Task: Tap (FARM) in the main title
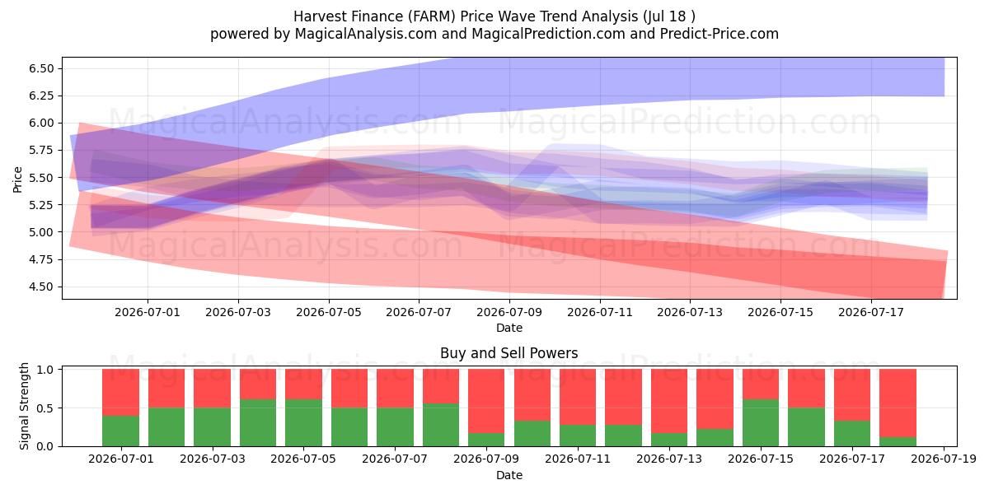(x=431, y=16)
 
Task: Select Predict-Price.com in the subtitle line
(x=719, y=34)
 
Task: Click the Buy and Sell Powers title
(x=509, y=353)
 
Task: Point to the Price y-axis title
(x=17, y=179)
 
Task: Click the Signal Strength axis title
(x=24, y=406)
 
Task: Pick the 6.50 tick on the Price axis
(x=41, y=68)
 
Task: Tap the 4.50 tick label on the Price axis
(x=41, y=287)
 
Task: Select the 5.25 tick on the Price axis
(x=41, y=205)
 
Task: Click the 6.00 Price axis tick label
(x=41, y=123)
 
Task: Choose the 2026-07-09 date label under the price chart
(x=509, y=312)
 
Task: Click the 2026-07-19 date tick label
(x=944, y=459)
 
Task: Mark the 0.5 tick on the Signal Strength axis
(x=45, y=408)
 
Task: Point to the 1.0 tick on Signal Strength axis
(x=45, y=370)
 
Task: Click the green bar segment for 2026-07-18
(x=898, y=441)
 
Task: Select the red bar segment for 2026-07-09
(x=486, y=401)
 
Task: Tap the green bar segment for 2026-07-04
(x=258, y=423)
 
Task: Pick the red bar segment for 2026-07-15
(x=761, y=384)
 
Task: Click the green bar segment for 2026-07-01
(x=120, y=431)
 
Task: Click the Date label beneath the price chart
(x=509, y=328)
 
